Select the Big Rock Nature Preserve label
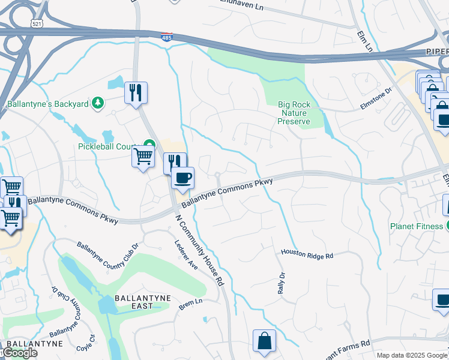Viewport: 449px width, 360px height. click(x=294, y=113)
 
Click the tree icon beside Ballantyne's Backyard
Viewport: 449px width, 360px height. click(x=97, y=104)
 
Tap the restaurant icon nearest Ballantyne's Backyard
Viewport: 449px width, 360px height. click(x=136, y=93)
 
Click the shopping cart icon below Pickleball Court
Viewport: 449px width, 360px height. click(x=143, y=157)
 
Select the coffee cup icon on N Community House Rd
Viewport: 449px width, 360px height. click(x=182, y=178)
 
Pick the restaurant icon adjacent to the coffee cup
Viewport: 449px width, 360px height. click(x=174, y=163)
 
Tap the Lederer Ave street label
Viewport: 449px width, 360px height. click(x=185, y=255)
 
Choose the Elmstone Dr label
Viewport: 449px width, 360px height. click(x=376, y=98)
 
